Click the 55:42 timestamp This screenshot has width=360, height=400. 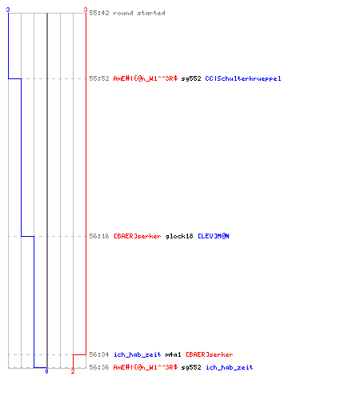(99, 13)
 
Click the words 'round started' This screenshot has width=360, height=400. (139, 13)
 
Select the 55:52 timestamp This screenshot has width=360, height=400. (99, 78)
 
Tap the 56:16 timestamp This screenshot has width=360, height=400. (99, 236)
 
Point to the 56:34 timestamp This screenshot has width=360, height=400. (99, 354)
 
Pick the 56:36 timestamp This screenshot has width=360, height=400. (99, 367)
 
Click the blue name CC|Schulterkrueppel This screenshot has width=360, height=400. (243, 78)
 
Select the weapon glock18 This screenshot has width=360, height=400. (179, 236)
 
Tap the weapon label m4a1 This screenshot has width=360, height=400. (173, 354)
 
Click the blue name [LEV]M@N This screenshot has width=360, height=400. (214, 236)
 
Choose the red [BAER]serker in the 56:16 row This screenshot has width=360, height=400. (138, 236)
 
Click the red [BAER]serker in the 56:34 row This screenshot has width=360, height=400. (210, 354)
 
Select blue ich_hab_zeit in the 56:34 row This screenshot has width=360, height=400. (138, 354)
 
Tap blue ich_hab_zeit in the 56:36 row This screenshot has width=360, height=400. (230, 367)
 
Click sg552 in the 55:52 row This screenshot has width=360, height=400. (191, 78)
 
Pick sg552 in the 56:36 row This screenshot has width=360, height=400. (191, 367)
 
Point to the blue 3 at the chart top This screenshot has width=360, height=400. (8, 10)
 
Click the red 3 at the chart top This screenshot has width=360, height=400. (86, 10)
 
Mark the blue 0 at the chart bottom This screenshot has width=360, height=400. (46, 371)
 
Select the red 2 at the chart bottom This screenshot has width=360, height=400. (73, 371)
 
